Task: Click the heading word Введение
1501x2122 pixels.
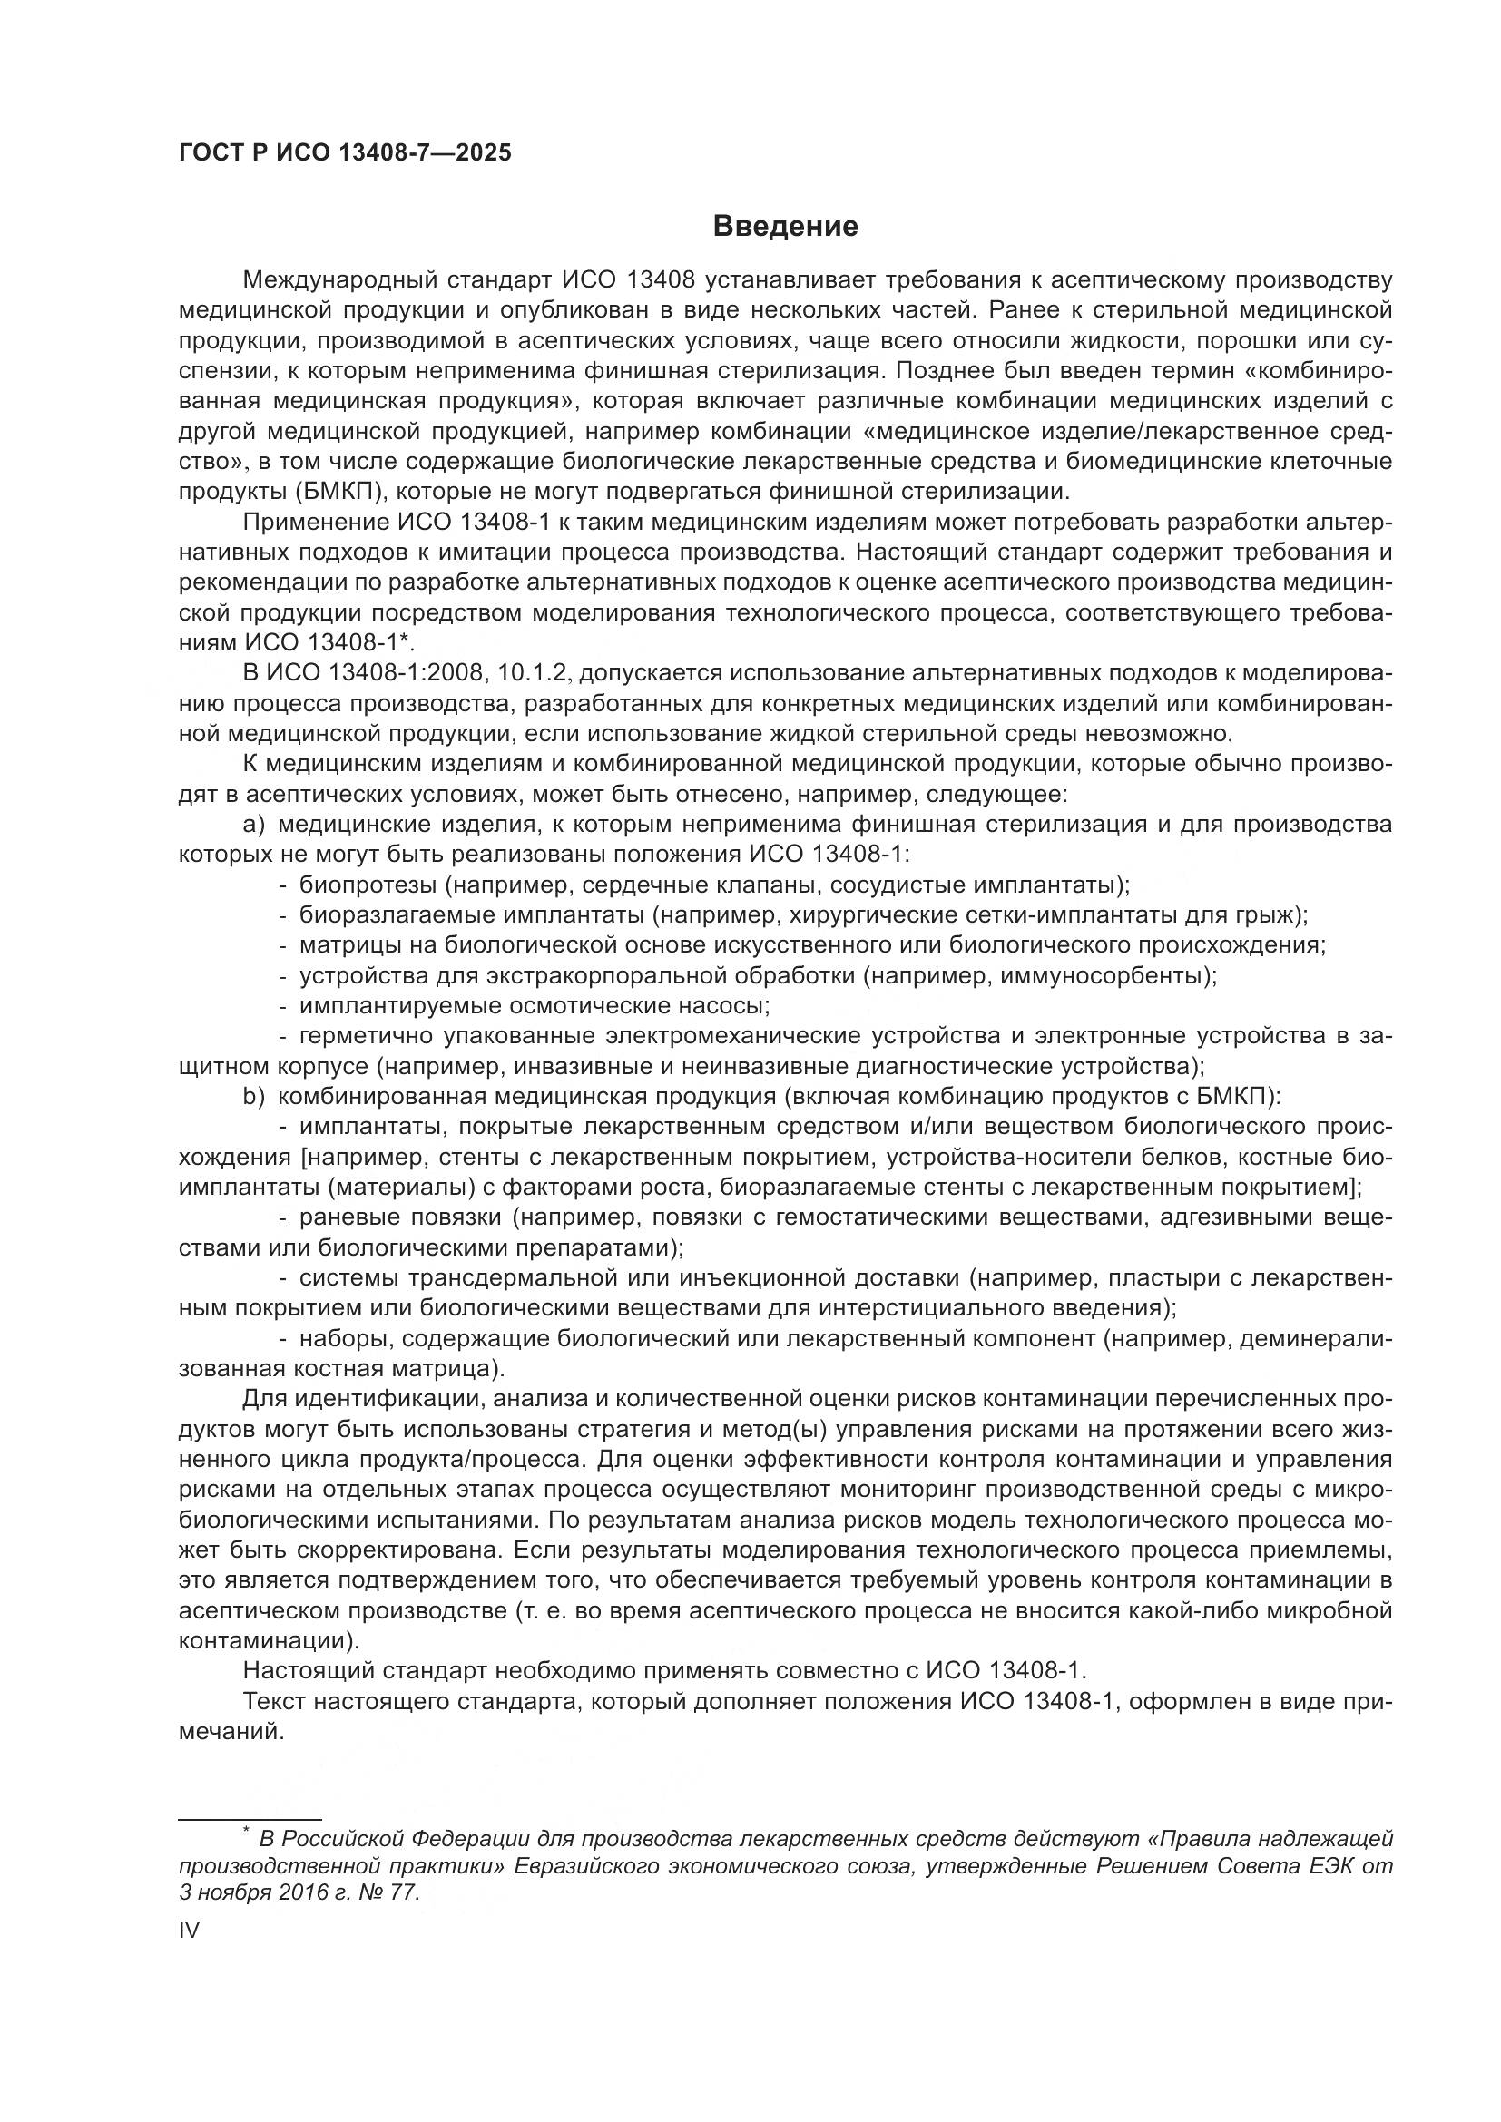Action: click(786, 227)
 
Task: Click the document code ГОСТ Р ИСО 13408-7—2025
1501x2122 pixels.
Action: click(345, 153)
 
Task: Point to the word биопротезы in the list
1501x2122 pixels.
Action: click(367, 885)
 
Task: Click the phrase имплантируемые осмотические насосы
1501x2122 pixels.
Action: click(535, 1005)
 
